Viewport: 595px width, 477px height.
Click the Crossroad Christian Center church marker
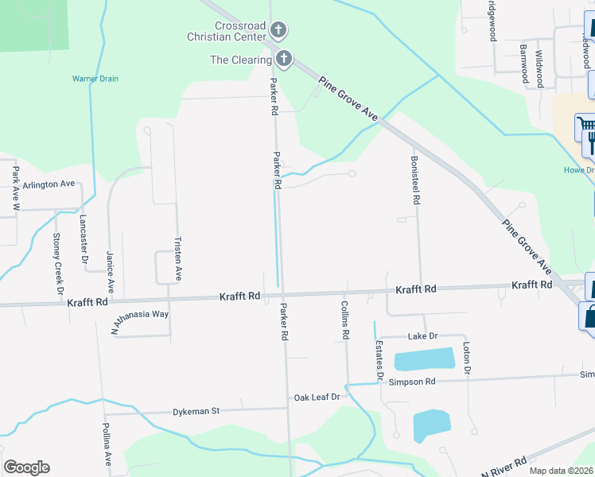pos(278,31)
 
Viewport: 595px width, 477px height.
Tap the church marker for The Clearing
pos(283,59)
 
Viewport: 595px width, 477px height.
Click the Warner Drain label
pos(95,79)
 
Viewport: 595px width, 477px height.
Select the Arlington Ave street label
pos(49,184)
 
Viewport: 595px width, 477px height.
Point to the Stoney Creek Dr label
pos(57,263)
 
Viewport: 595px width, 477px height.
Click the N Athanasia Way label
pos(140,315)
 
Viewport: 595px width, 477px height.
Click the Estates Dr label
pos(379,359)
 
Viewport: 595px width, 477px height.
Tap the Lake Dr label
pos(422,337)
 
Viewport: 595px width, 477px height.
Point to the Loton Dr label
pos(467,359)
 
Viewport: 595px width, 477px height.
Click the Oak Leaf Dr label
pos(317,397)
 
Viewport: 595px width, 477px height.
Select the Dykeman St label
pos(196,412)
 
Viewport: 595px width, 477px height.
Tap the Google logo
pos(26,467)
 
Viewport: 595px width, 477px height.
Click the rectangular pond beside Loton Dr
pos(423,359)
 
